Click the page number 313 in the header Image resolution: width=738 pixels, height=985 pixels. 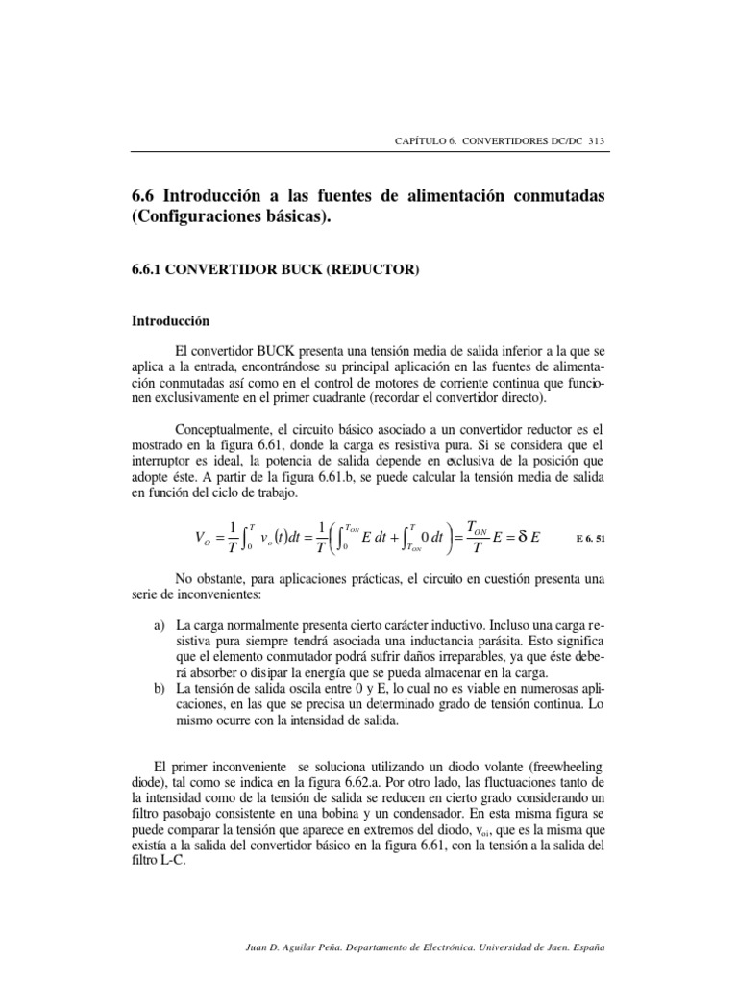click(x=595, y=141)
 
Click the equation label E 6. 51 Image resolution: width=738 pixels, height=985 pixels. click(x=587, y=538)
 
